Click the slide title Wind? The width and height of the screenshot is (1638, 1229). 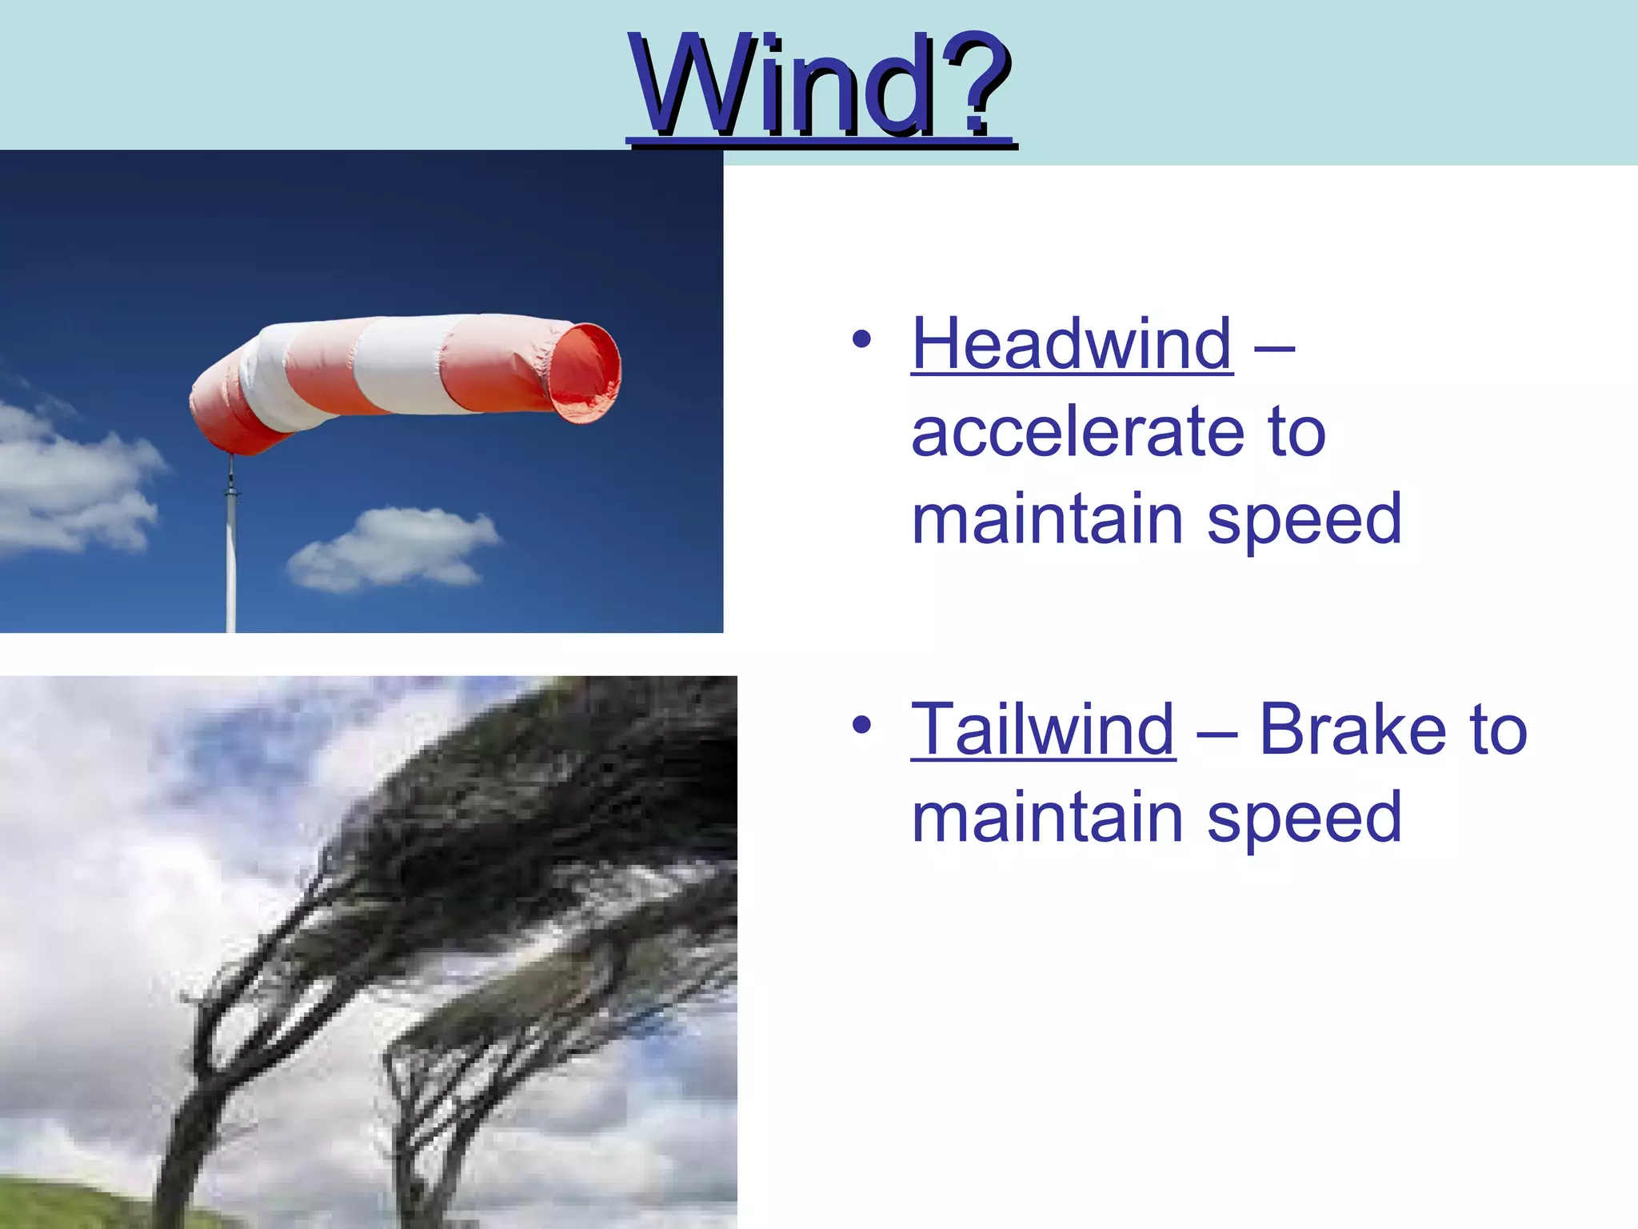(x=821, y=86)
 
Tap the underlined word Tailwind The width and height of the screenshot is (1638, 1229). (x=1043, y=729)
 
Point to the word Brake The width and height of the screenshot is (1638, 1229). (x=1352, y=729)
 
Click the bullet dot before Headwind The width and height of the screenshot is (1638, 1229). (x=861, y=339)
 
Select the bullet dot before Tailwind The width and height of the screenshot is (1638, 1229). (x=861, y=725)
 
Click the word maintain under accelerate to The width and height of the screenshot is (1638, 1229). (x=1047, y=520)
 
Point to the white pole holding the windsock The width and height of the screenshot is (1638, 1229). (x=231, y=560)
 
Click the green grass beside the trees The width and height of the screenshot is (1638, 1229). (x=72, y=1204)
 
